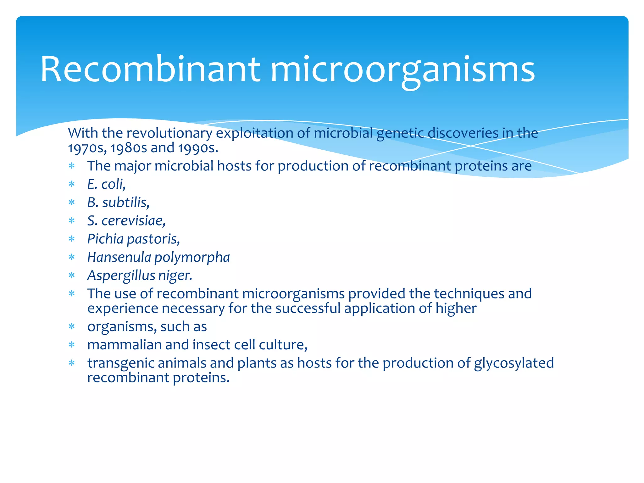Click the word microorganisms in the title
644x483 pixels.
402,70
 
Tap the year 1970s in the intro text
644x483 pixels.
86,148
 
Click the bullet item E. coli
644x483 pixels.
107,184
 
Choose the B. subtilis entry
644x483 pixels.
118,203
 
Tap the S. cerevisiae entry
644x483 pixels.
126,221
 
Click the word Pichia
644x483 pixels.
105,239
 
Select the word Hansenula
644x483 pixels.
119,257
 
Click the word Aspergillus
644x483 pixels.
121,276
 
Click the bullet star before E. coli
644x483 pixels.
72,184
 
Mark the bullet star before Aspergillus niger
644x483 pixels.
72,276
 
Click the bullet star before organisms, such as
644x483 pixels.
72,327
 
